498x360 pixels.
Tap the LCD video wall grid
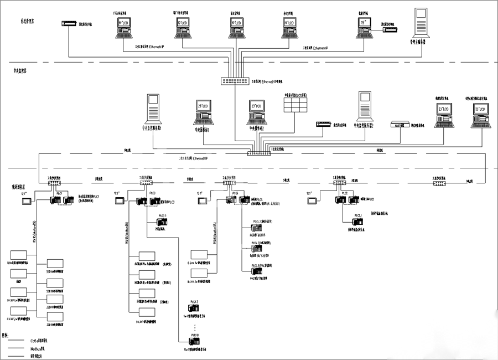point(296,105)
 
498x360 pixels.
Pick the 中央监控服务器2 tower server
point(364,106)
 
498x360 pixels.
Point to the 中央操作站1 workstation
point(204,111)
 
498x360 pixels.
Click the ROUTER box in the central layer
point(398,125)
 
